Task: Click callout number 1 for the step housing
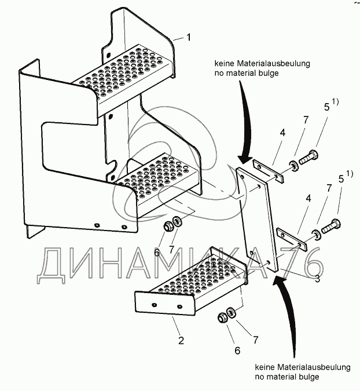[188, 38]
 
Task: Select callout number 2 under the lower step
[181, 341]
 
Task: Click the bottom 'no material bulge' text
[286, 377]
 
